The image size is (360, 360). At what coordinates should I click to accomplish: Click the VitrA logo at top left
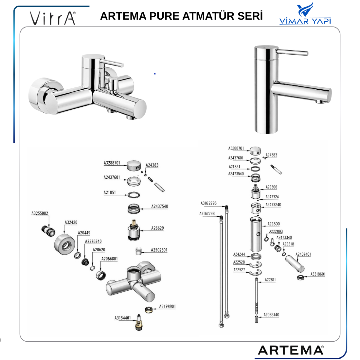tap(53, 18)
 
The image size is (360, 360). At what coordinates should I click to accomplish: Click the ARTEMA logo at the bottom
tap(291, 350)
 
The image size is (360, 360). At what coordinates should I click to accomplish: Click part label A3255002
tap(40, 213)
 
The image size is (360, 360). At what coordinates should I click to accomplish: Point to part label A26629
tap(157, 228)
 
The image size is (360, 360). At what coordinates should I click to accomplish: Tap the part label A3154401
tap(123, 318)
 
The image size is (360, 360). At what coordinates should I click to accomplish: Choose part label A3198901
tap(167, 306)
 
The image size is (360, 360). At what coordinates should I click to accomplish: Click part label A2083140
tap(271, 315)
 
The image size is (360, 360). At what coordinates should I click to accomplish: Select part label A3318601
tap(318, 274)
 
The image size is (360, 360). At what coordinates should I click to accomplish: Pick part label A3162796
tap(208, 203)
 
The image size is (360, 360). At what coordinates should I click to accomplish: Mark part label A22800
tap(274, 224)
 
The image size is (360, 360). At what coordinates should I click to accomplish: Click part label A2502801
tap(159, 250)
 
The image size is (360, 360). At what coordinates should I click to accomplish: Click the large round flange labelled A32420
tap(64, 244)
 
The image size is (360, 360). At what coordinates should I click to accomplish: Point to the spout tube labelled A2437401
tap(295, 263)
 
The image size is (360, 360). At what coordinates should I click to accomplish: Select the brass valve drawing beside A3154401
tap(139, 322)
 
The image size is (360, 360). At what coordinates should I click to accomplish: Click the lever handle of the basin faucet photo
tap(292, 52)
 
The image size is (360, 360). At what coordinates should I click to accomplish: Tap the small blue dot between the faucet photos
tap(155, 74)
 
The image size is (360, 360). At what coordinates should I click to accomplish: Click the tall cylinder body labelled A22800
tap(256, 234)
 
